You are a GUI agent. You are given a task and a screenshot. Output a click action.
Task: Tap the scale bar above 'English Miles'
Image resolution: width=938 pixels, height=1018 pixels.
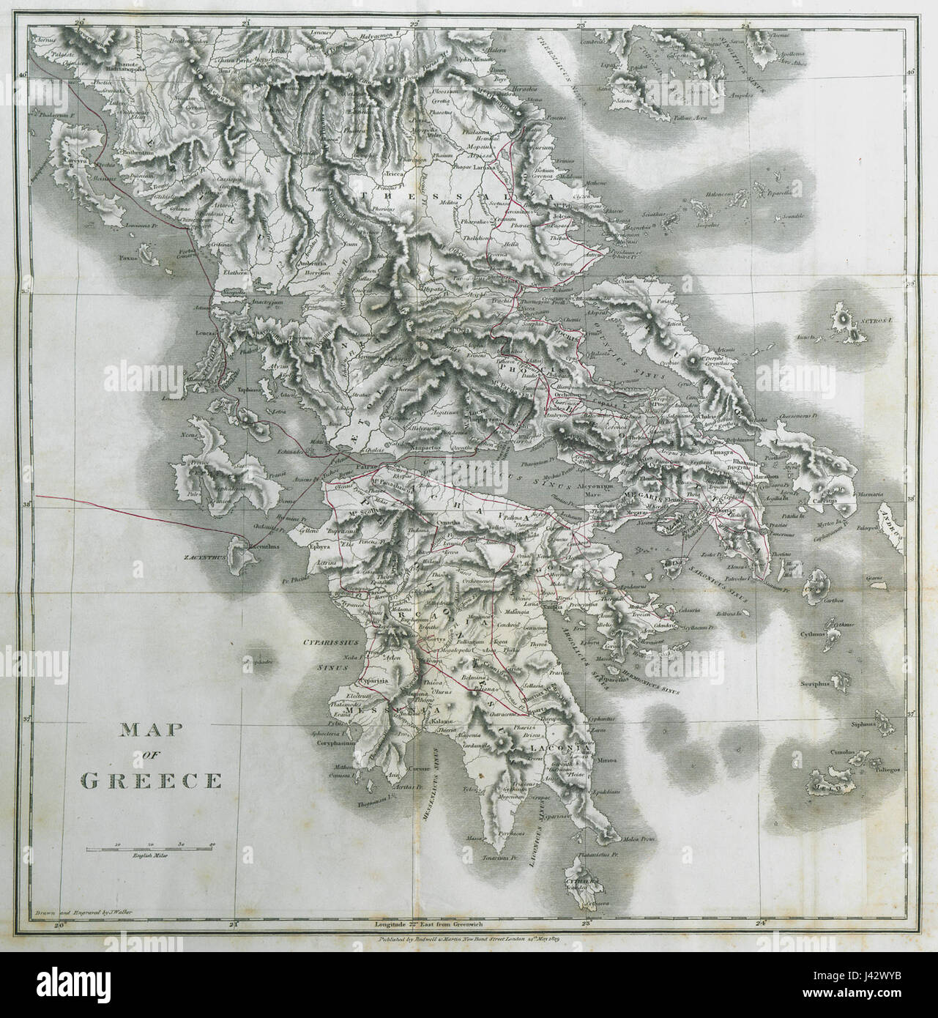(x=150, y=847)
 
